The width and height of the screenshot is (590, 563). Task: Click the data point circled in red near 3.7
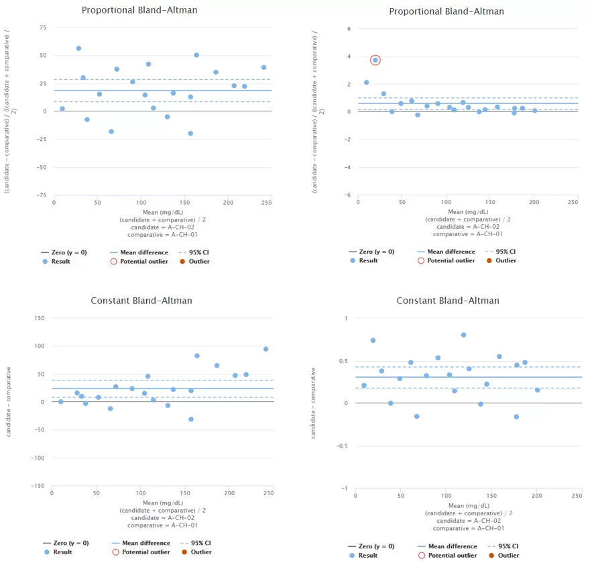pyautogui.click(x=375, y=60)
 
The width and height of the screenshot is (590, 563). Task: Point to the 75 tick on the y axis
pyautogui.click(x=43, y=28)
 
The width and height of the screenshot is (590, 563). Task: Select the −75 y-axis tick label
pyautogui.click(x=41, y=195)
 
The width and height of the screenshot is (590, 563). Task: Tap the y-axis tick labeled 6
pyautogui.click(x=349, y=29)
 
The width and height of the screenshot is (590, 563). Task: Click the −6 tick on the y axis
pyautogui.click(x=347, y=195)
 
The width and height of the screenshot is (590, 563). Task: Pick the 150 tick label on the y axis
pyautogui.click(x=40, y=318)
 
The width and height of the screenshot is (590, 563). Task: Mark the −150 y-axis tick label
pyautogui.click(x=38, y=486)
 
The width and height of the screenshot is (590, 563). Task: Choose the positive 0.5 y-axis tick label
pyautogui.click(x=344, y=361)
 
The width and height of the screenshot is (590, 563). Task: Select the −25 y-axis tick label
pyautogui.click(x=41, y=140)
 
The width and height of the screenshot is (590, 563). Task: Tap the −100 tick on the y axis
pyautogui.click(x=38, y=458)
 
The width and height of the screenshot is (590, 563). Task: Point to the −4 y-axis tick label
pyautogui.click(x=347, y=167)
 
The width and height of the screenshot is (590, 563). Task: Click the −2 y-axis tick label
pyautogui.click(x=347, y=140)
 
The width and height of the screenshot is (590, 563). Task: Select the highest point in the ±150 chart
pyautogui.click(x=266, y=349)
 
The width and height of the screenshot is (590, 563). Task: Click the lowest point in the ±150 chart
pyautogui.click(x=191, y=419)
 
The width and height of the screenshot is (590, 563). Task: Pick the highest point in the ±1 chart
pyautogui.click(x=463, y=335)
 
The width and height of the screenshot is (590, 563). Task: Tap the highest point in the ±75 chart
pyautogui.click(x=78, y=48)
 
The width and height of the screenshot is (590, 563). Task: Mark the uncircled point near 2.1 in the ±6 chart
pyautogui.click(x=367, y=83)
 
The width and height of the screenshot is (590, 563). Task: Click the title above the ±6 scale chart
pyautogui.click(x=447, y=11)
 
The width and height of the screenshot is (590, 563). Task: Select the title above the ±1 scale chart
pyautogui.click(x=447, y=301)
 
